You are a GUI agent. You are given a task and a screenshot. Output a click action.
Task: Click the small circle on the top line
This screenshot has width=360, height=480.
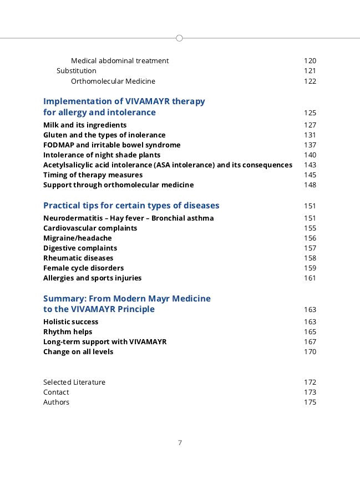coord(179,38)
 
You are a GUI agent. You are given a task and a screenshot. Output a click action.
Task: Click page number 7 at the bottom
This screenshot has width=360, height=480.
coord(180,442)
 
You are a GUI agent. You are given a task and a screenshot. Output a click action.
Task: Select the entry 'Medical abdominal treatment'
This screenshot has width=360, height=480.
coord(120,60)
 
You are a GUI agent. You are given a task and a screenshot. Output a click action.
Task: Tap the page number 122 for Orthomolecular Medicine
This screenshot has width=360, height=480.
coord(310,81)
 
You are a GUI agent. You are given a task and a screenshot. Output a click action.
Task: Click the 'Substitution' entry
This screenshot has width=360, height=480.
coord(77,71)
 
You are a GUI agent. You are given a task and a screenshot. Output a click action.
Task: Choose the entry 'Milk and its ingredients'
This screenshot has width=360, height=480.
coord(85,125)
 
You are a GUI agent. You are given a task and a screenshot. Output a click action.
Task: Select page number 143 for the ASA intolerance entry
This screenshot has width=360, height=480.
coord(310,165)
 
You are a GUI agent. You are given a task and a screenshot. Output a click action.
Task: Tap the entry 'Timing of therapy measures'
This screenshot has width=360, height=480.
coord(93,175)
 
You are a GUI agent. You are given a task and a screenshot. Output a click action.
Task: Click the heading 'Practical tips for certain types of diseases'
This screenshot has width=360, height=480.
coord(131,206)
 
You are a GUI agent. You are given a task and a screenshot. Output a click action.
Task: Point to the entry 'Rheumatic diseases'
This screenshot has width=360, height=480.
coord(78,258)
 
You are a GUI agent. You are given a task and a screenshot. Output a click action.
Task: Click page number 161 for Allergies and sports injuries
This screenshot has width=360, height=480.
coord(310,278)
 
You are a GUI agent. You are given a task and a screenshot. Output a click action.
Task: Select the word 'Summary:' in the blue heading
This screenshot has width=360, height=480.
coord(63,298)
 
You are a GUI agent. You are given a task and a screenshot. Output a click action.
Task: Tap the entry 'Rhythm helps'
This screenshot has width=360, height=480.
coord(68,331)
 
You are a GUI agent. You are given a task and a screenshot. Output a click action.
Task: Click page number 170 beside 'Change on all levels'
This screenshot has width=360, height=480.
coord(310,351)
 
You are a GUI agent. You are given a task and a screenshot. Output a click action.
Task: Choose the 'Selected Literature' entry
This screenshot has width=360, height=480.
coord(74,382)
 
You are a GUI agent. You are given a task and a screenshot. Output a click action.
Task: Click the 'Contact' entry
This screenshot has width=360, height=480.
coord(56,392)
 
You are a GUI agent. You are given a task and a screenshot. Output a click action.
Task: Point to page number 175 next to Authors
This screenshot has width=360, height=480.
coord(310,402)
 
